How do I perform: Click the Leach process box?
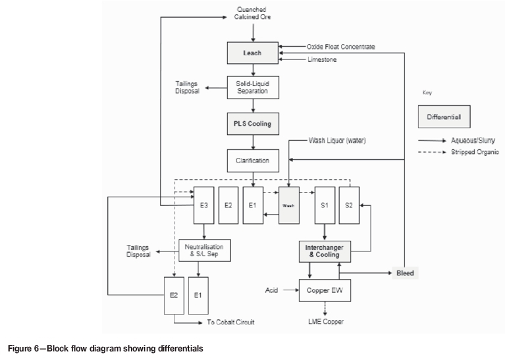[252, 53]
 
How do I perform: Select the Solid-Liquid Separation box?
[252, 88]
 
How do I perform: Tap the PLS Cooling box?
[252, 123]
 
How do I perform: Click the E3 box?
[203, 205]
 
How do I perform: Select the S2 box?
[349, 205]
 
